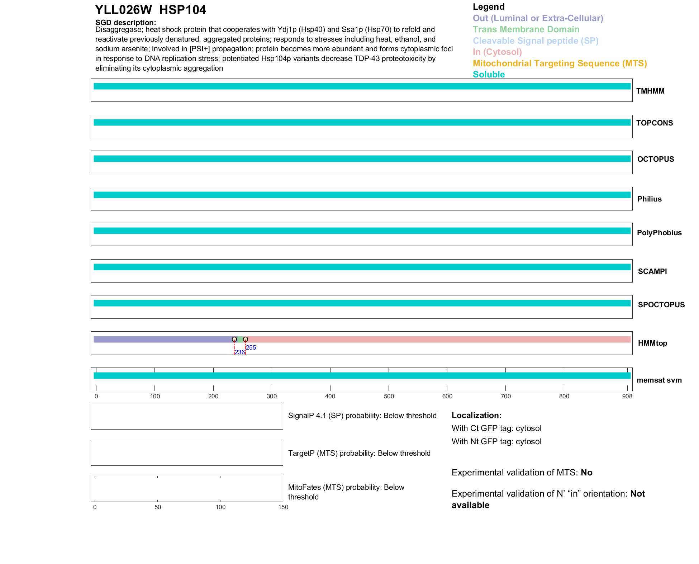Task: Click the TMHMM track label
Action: (650, 91)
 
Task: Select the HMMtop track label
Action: (652, 343)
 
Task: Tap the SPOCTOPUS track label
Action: (661, 305)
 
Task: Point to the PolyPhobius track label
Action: (659, 233)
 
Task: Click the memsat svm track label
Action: (659, 380)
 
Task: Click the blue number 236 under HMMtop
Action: (239, 352)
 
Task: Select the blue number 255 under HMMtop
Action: (251, 347)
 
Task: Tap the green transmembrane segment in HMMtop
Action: (240, 339)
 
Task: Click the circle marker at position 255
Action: (246, 339)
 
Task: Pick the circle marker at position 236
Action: (234, 339)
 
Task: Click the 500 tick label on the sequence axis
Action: (389, 396)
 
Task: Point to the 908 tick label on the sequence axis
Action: (627, 396)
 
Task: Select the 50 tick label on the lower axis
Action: (158, 507)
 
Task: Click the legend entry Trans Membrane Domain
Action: (526, 29)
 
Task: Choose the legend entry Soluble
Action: (489, 75)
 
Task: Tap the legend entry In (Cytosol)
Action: (497, 52)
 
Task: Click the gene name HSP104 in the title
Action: (182, 10)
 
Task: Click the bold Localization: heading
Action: (476, 415)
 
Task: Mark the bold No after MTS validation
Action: (586, 473)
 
